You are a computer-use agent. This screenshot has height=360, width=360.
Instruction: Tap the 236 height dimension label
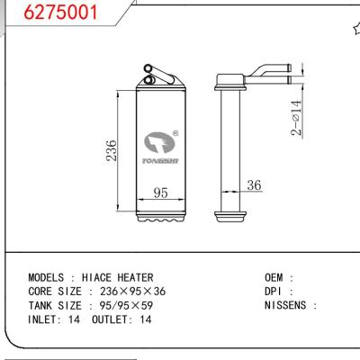pos(110,148)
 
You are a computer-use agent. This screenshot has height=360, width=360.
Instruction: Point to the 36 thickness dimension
pos(253,186)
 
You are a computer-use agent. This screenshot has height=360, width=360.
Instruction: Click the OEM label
pos(274,277)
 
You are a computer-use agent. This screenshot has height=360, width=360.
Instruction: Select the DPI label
pos(274,291)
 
